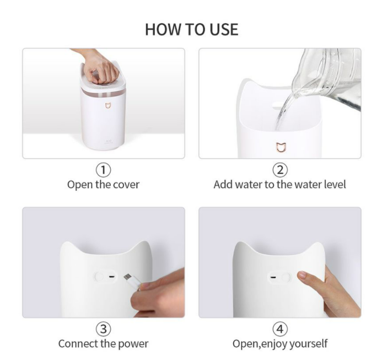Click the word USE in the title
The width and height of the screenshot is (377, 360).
[x=224, y=30]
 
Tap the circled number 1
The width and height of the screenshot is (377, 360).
[x=104, y=170]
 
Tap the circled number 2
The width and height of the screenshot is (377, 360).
[x=280, y=170]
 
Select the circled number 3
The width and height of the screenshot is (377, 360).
[x=104, y=329]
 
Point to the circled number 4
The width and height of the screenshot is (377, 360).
[x=280, y=329]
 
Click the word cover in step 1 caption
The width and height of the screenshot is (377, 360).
[x=126, y=185]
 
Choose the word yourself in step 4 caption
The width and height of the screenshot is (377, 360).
[x=308, y=344]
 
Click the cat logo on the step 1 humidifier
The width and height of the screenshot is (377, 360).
[x=109, y=106]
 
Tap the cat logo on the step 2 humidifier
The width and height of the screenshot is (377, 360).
[x=281, y=147]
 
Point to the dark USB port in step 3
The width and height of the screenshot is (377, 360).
[x=111, y=277]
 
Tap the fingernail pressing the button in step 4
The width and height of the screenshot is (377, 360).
[x=301, y=275]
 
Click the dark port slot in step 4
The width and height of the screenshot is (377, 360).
[x=273, y=277]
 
